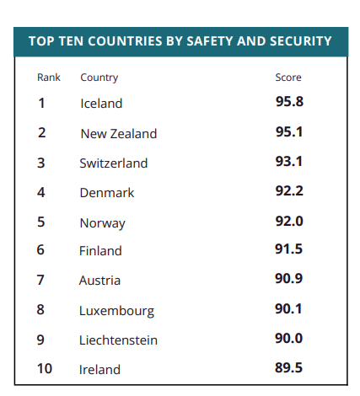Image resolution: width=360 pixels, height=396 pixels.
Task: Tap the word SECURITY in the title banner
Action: [301, 41]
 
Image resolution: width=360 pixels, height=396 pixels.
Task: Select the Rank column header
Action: [49, 78]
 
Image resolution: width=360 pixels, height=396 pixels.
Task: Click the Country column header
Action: [99, 78]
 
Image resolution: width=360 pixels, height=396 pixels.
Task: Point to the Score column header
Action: [288, 78]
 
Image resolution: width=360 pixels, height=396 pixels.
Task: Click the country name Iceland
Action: [101, 104]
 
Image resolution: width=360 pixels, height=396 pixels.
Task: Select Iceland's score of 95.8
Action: [289, 101]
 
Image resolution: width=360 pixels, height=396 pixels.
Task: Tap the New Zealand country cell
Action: [119, 134]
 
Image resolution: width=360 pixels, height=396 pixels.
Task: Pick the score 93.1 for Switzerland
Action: [289, 162]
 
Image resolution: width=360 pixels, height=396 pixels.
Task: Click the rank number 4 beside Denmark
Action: [41, 192]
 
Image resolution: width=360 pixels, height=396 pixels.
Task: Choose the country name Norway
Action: [103, 223]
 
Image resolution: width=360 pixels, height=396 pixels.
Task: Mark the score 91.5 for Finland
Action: [288, 249]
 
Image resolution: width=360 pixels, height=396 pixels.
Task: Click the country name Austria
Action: [99, 281]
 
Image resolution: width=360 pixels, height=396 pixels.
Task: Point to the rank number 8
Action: [40, 309]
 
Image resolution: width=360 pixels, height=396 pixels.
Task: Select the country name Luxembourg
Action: [117, 311]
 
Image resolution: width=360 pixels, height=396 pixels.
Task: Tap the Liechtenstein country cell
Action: [118, 340]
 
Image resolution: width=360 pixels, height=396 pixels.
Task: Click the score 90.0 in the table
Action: [288, 338]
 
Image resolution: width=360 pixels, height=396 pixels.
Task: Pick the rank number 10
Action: [45, 368]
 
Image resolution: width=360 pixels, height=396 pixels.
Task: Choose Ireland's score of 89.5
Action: [288, 367]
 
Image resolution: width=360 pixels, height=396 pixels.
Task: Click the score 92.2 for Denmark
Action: [289, 191]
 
